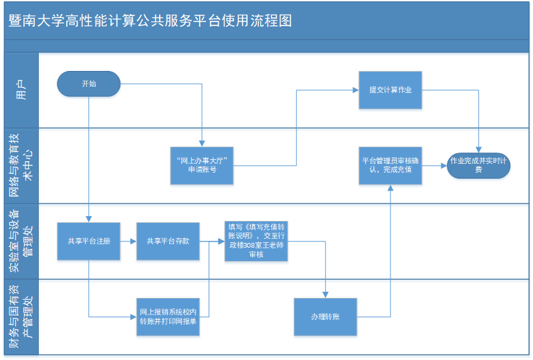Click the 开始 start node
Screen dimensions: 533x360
(89, 84)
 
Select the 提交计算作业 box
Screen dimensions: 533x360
(391, 90)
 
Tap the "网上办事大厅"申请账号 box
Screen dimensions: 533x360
(202, 166)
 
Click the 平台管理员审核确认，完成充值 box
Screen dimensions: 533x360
(391, 166)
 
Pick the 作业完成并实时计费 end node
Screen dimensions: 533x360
(478, 166)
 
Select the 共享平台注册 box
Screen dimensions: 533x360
(89, 242)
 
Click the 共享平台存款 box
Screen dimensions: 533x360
(168, 242)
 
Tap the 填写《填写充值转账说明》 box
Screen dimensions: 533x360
(256, 242)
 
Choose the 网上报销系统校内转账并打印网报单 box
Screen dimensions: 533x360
(168, 317)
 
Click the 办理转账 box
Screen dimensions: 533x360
(325, 317)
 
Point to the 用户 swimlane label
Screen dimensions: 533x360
(21, 90)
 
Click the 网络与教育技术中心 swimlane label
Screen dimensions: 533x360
(21, 165)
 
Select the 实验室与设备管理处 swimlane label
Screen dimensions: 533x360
(21, 241)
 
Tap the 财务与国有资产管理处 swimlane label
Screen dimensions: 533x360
(21, 317)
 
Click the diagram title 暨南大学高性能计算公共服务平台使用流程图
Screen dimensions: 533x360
(150, 21)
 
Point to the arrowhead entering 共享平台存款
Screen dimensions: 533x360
(134, 242)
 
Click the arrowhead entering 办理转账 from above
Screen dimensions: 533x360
(325, 295)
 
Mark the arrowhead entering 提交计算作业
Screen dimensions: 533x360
(356, 90)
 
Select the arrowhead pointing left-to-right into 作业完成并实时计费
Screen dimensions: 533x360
(444, 166)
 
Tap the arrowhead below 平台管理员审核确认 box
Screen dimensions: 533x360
(391, 187)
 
